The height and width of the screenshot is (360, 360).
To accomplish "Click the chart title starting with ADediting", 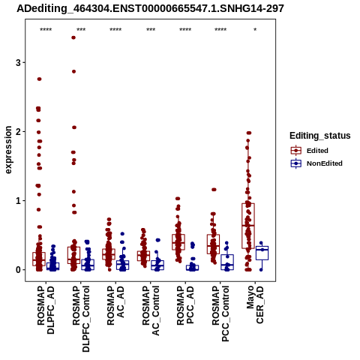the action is click(x=150, y=9).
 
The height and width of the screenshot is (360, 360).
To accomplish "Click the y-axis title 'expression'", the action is click(x=8, y=150).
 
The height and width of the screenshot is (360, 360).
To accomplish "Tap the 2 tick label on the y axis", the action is click(x=19, y=131).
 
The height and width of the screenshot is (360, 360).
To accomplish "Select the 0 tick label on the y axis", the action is click(x=19, y=270).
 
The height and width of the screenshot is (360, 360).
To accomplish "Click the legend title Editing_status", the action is click(x=320, y=136).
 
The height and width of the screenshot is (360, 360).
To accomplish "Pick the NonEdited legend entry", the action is click(x=316, y=163).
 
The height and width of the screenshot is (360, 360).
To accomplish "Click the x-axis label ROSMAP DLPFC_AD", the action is click(x=46, y=310).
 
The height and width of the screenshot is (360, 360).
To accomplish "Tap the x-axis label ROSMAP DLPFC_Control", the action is click(x=81, y=319).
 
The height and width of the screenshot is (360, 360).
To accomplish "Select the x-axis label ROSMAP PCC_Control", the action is click(x=220, y=313).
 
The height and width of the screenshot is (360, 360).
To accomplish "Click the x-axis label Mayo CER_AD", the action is click(x=255, y=304).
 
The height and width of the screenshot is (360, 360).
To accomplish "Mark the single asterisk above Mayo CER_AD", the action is click(x=255, y=30).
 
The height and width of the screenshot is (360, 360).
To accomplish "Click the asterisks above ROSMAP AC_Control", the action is click(x=151, y=30).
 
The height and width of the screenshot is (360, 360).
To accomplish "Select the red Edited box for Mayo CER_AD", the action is click(x=248, y=226).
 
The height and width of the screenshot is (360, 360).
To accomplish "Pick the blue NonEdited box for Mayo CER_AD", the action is click(x=262, y=253).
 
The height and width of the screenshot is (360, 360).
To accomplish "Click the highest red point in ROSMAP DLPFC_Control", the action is click(x=73, y=37).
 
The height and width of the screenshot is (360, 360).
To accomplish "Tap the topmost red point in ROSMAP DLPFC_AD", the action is click(x=39, y=79).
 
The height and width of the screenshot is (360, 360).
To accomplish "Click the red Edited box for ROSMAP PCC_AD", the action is click(x=178, y=242).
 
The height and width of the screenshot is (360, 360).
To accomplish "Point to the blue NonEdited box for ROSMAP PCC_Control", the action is click(x=227, y=262).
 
